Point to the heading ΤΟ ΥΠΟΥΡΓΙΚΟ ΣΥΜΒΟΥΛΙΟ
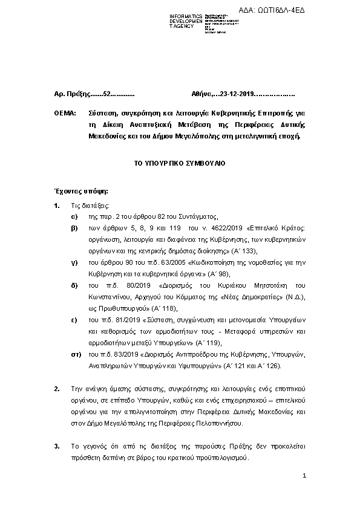[179, 164]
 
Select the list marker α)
[74, 216]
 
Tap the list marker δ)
[74, 285]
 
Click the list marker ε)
[74, 320]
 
